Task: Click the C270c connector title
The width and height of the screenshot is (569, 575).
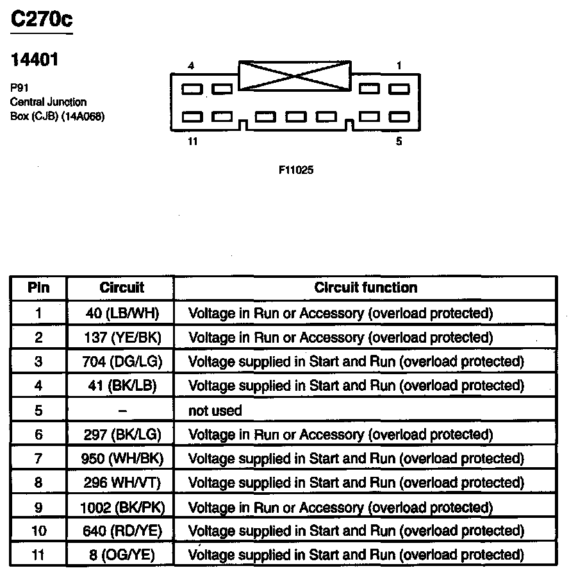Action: pyautogui.click(x=42, y=20)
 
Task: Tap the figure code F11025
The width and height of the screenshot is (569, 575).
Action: pyautogui.click(x=296, y=171)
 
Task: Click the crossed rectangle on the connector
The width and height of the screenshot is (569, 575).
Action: pyautogui.click(x=294, y=76)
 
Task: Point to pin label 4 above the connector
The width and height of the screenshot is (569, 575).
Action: pyautogui.click(x=191, y=66)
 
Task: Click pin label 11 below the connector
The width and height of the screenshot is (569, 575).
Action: pyautogui.click(x=193, y=142)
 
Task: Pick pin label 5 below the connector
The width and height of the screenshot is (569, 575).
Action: pyautogui.click(x=399, y=142)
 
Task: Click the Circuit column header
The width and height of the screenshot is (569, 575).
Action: pyautogui.click(x=122, y=288)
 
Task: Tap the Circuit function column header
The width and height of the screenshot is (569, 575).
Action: pyautogui.click(x=365, y=288)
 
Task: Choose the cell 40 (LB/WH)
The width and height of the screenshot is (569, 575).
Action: pyautogui.click(x=122, y=313)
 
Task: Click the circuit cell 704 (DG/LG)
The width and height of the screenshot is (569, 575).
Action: pyautogui.click(x=122, y=361)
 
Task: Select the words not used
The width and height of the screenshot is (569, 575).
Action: pyautogui.click(x=215, y=410)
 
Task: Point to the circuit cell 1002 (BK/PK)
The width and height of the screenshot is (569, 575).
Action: pyautogui.click(x=122, y=507)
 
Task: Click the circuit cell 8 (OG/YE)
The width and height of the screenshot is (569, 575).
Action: pyautogui.click(x=122, y=555)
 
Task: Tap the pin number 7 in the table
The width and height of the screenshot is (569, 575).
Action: pyautogui.click(x=38, y=458)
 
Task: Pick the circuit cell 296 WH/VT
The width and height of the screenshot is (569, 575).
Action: pyautogui.click(x=122, y=483)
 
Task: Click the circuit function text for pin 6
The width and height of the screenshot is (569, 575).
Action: pyautogui.click(x=340, y=434)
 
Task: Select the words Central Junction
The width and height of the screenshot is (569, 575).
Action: pyautogui.click(x=49, y=102)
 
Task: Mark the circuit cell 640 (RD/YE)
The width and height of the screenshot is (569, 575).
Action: pyautogui.click(x=122, y=531)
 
